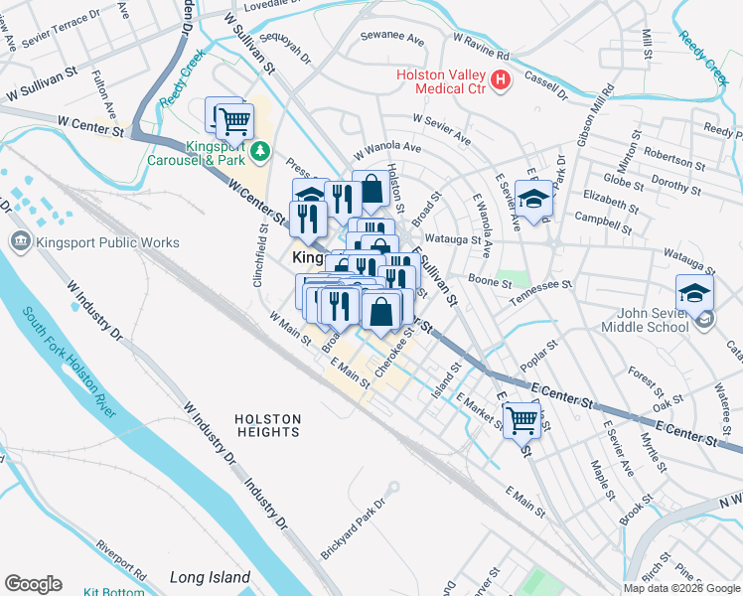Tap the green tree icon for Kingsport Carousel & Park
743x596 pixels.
[260, 150]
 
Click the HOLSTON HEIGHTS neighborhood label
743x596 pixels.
[268, 426]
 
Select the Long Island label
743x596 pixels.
[210, 577]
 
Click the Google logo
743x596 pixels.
[33, 584]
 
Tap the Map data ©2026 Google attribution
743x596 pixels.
[681, 588]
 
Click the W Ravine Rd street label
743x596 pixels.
[481, 46]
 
